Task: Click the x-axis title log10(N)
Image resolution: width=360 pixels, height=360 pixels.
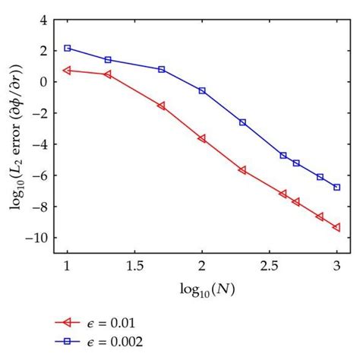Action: pos(201,289)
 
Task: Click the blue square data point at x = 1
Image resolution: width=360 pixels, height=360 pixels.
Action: pos(67,48)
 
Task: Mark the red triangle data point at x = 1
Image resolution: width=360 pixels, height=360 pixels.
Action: pos(67,70)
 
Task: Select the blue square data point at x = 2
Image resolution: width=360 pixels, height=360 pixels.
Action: pos(202,90)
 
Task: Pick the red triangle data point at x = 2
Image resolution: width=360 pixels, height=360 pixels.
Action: pos(202,138)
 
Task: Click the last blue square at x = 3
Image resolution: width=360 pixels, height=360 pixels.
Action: pos(336,187)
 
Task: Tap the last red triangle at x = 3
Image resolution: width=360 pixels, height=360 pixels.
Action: pos(336,227)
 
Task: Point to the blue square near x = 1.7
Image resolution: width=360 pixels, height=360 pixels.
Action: pos(161,69)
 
